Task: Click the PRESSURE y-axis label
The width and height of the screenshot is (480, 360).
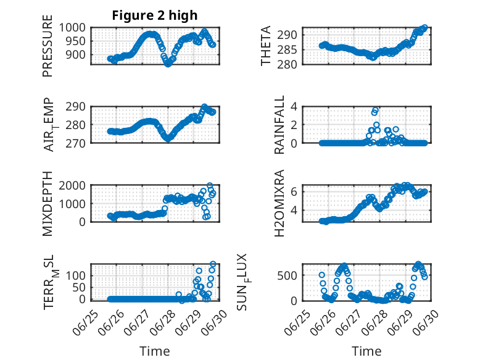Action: pyautogui.click(x=48, y=46)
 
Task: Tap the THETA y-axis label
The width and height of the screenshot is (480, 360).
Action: pyautogui.click(x=265, y=46)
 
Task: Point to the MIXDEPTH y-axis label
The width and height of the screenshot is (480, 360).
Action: pyautogui.click(x=48, y=203)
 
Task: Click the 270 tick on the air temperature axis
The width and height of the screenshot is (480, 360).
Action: pyautogui.click(x=78, y=143)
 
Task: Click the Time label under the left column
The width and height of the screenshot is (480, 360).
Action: pyautogui.click(x=155, y=351)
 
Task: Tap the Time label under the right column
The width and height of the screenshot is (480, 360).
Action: pyautogui.click(x=366, y=351)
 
